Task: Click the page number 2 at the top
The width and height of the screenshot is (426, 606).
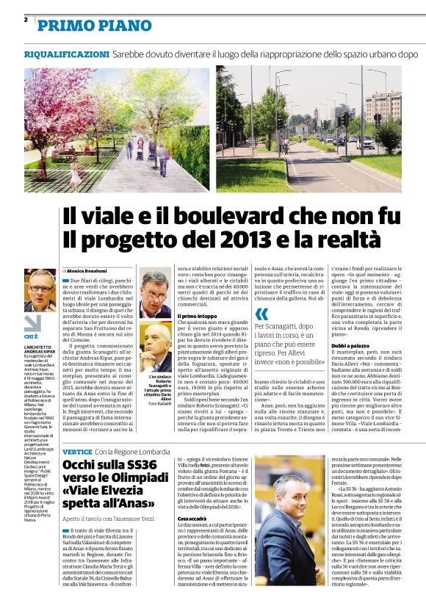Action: tap(26, 19)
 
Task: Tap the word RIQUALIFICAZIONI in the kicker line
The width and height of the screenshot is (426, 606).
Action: tap(67, 55)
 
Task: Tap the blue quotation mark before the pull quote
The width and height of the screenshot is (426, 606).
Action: tap(261, 314)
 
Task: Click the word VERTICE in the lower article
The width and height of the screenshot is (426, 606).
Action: tap(77, 430)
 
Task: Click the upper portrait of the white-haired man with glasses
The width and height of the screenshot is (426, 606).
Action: tap(154, 294)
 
